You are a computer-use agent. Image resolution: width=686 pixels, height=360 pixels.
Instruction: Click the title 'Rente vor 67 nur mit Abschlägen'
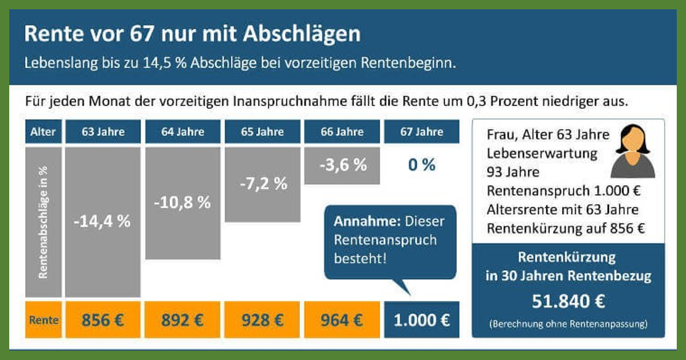[x=192, y=34]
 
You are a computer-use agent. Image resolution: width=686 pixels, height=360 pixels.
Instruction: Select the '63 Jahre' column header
[x=103, y=132]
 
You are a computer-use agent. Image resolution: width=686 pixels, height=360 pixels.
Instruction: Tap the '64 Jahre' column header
[x=182, y=132]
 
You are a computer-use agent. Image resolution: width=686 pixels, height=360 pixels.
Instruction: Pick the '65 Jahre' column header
[x=262, y=132]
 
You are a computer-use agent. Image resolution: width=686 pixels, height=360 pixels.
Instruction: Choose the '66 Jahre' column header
[x=342, y=132]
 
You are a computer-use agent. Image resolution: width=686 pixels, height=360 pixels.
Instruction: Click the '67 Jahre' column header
[x=422, y=132]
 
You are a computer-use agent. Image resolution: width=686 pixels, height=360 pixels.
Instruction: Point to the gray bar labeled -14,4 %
[x=103, y=222]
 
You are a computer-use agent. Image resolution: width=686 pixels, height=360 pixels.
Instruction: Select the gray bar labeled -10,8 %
[x=182, y=203]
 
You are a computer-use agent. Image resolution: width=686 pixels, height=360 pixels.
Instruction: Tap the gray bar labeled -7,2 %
[x=262, y=184]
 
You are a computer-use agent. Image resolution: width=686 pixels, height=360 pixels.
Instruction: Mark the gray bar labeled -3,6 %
[x=342, y=165]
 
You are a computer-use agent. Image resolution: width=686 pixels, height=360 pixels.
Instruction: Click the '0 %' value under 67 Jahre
[x=422, y=165]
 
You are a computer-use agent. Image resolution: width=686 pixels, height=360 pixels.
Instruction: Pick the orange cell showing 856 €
[x=103, y=320]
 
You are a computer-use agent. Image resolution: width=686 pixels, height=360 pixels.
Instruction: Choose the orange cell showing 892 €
[x=182, y=320]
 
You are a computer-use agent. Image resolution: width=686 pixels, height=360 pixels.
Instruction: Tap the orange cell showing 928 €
[x=262, y=320]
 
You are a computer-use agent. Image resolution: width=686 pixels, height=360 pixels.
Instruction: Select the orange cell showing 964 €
[x=342, y=320]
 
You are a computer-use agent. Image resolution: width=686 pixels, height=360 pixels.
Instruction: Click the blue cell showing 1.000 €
[x=422, y=320]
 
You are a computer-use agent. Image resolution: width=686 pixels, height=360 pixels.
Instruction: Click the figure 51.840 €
[x=568, y=301]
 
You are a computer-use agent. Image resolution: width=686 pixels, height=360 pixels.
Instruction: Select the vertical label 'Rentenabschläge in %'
[x=43, y=222]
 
